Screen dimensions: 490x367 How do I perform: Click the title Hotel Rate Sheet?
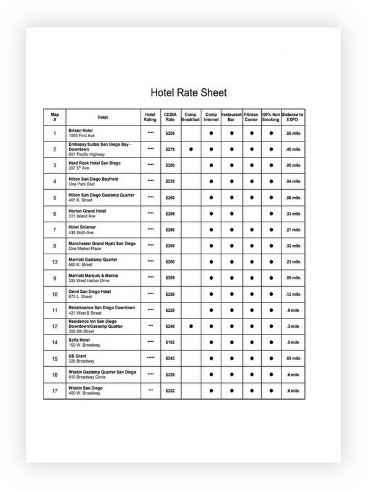point(188,93)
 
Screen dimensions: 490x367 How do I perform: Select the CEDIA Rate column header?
point(170,117)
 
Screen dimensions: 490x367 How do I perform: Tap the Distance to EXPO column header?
point(292,117)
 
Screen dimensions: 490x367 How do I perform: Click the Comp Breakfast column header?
point(190,117)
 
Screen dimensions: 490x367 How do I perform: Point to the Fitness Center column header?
point(251,117)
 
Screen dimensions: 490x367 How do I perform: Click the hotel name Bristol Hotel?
point(83,130)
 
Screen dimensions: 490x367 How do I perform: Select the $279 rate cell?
point(170,149)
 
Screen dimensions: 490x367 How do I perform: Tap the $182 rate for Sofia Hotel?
point(170,342)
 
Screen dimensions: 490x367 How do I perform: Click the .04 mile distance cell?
point(292,181)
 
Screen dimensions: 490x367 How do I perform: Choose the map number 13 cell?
point(54,262)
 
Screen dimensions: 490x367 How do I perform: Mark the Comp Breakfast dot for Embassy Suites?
point(191,149)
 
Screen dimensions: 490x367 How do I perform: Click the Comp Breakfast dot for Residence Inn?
point(191,326)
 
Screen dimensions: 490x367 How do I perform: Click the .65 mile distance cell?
point(292,358)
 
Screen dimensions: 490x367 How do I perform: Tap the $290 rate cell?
point(170,230)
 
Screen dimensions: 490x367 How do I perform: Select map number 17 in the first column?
point(54,390)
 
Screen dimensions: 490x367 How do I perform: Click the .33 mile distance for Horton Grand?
point(292,214)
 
